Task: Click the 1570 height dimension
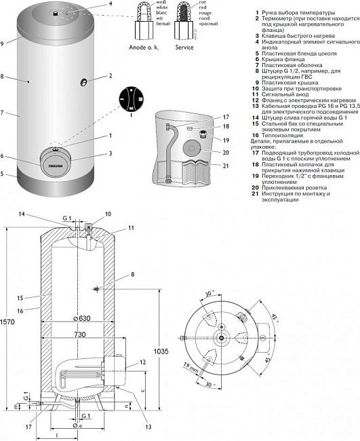[x=7, y=321]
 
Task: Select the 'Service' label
[x=186, y=48]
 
